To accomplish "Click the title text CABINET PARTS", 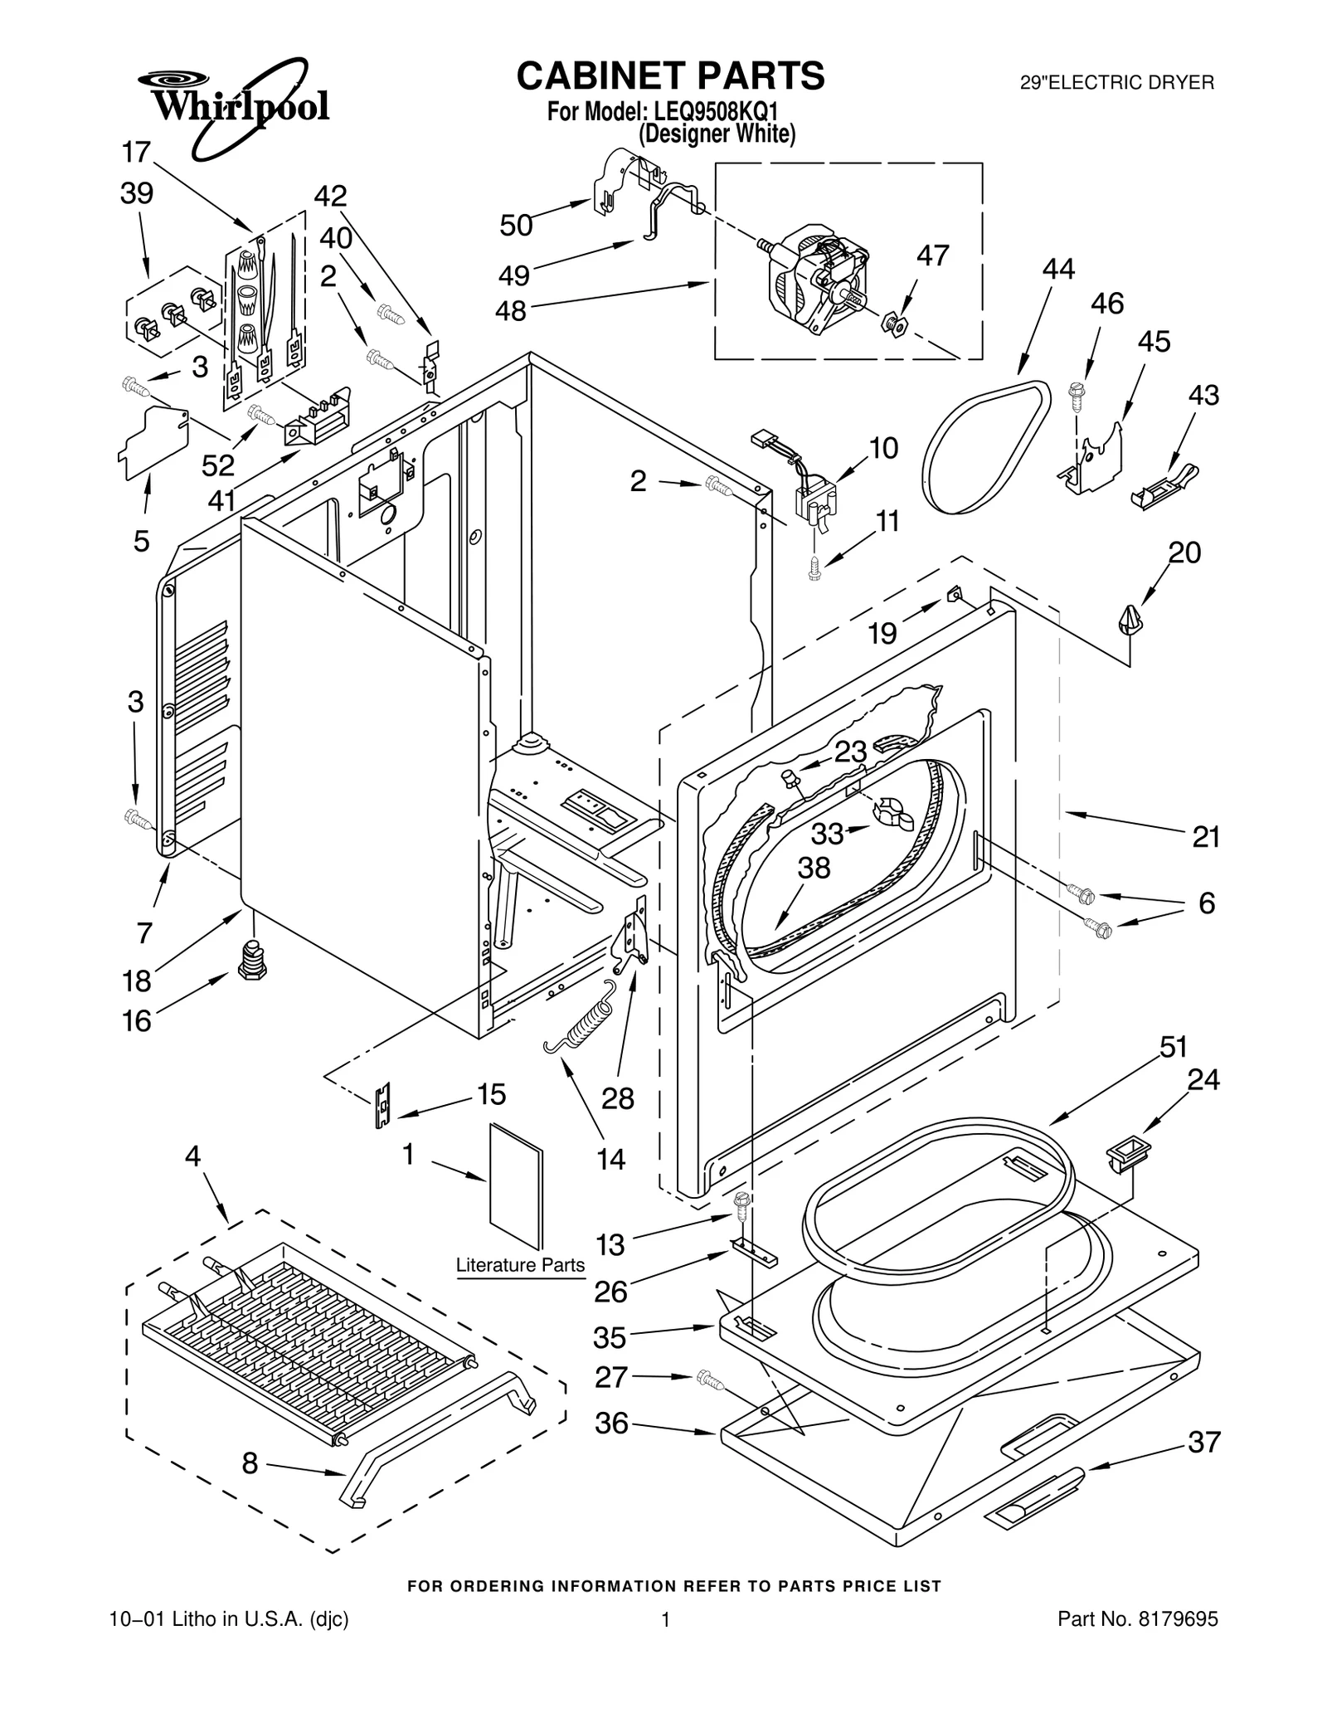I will click(x=670, y=75).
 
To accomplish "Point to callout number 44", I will click(x=1058, y=269).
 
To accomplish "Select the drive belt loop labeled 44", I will click(x=987, y=448).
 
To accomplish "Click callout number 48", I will click(x=511, y=311).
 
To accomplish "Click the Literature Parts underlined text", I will click(x=520, y=1265).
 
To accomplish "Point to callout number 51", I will click(x=1173, y=1047).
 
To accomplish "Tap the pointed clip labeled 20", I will click(x=1129, y=620).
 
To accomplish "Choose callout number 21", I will click(x=1206, y=837).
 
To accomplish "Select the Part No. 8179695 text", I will click(x=1137, y=1618).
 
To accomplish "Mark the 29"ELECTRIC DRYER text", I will click(x=1117, y=83).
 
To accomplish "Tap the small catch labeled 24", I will click(x=1127, y=1153).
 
